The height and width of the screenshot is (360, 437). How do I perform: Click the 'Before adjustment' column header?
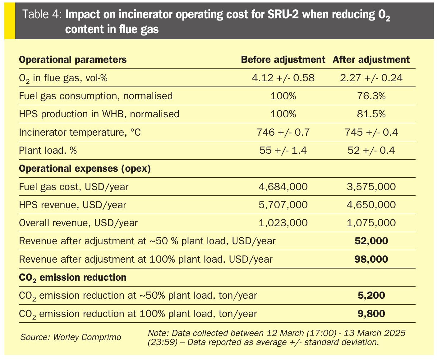tap(283, 59)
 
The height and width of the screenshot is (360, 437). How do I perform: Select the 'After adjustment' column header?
tap(371, 59)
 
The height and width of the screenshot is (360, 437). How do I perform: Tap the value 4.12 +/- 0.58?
tap(283, 78)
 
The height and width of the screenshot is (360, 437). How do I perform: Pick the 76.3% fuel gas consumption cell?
tap(371, 96)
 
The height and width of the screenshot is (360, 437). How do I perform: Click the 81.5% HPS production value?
tap(371, 114)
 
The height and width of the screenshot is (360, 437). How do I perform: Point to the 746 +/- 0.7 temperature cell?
tap(283, 132)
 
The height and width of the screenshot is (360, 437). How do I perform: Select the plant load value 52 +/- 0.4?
tap(371, 151)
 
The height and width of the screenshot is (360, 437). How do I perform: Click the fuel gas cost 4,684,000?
tap(283, 187)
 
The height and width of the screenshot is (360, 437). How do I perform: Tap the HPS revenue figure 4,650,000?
tap(371, 205)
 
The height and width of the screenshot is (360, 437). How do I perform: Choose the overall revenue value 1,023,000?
tap(283, 223)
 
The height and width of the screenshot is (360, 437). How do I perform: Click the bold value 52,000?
tap(371, 241)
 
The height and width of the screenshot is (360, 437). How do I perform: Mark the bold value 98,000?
tap(371, 259)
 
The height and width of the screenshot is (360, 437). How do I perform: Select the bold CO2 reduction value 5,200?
tap(371, 295)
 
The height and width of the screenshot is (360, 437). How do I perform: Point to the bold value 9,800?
tap(371, 314)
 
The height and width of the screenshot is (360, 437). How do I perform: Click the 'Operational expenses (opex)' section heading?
tap(85, 169)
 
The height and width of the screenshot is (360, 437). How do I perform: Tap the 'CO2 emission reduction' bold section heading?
tap(72, 277)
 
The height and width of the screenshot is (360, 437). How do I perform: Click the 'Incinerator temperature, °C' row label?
tap(80, 132)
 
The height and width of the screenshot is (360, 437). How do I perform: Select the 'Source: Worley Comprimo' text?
tap(71, 337)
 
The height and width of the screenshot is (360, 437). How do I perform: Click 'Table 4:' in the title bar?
tap(43, 15)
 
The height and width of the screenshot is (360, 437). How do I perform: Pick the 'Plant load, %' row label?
tap(48, 151)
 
